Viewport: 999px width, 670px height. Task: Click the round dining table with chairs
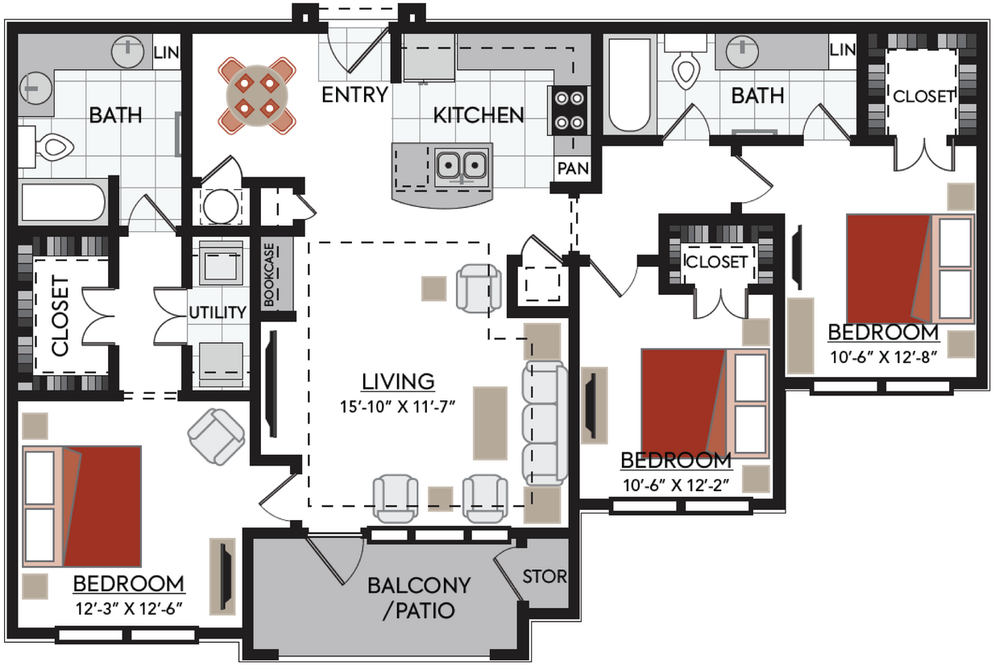(256, 95)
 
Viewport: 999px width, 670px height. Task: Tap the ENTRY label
(354, 95)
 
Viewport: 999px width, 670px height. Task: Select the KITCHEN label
(479, 115)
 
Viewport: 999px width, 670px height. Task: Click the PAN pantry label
(572, 169)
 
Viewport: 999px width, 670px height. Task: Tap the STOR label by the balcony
(545, 577)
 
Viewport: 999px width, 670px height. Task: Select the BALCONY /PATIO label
(418, 597)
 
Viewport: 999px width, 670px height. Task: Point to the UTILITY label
(217, 312)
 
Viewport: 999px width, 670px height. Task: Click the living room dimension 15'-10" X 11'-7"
(398, 406)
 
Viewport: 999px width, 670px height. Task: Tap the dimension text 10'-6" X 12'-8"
(884, 358)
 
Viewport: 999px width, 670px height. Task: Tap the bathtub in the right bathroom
(628, 85)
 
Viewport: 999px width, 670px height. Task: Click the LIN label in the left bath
(166, 53)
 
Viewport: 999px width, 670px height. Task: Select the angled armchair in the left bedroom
(216, 436)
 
